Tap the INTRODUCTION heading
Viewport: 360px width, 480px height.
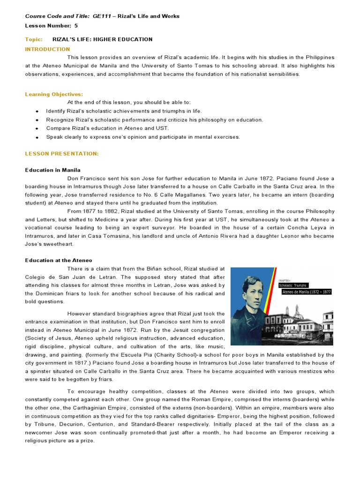tap(47, 49)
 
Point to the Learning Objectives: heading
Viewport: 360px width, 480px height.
tap(54, 94)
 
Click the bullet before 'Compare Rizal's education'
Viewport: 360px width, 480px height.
tap(37, 128)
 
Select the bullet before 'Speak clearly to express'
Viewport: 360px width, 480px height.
tap(37, 137)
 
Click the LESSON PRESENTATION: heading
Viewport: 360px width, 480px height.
tap(61, 154)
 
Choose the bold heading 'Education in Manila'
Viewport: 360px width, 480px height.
tap(52, 170)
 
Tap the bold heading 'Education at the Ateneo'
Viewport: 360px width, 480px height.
tap(59, 260)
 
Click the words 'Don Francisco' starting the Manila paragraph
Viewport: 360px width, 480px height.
tap(85, 179)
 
